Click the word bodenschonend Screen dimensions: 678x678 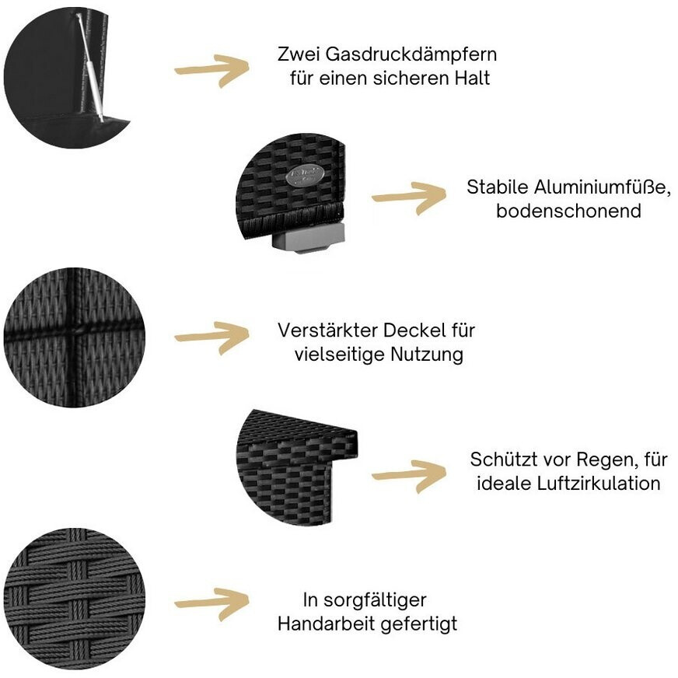(568, 211)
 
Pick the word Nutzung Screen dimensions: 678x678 (427, 355)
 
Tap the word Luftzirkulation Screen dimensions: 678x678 (598, 483)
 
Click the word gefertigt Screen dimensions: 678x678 (419, 624)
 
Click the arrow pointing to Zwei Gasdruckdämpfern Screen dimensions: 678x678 (211, 70)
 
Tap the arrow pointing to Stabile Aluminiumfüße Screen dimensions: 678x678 (409, 197)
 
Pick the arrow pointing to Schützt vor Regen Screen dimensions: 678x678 (409, 475)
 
